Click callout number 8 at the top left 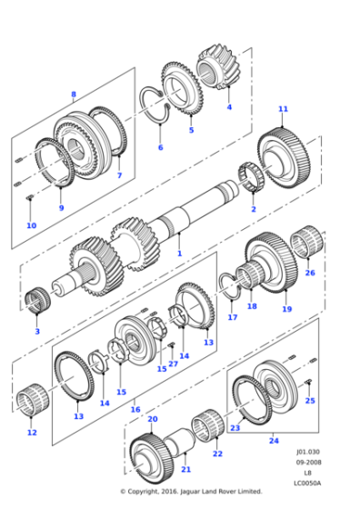click(74, 94)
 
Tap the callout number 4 click(229, 107)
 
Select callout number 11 click(283, 109)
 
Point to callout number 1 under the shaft click(179, 253)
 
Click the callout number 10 click(31, 225)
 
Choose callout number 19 click(286, 310)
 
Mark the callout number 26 click(309, 273)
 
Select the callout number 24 click(273, 441)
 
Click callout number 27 click(173, 364)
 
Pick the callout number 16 click(136, 409)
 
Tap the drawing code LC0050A click(307, 482)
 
